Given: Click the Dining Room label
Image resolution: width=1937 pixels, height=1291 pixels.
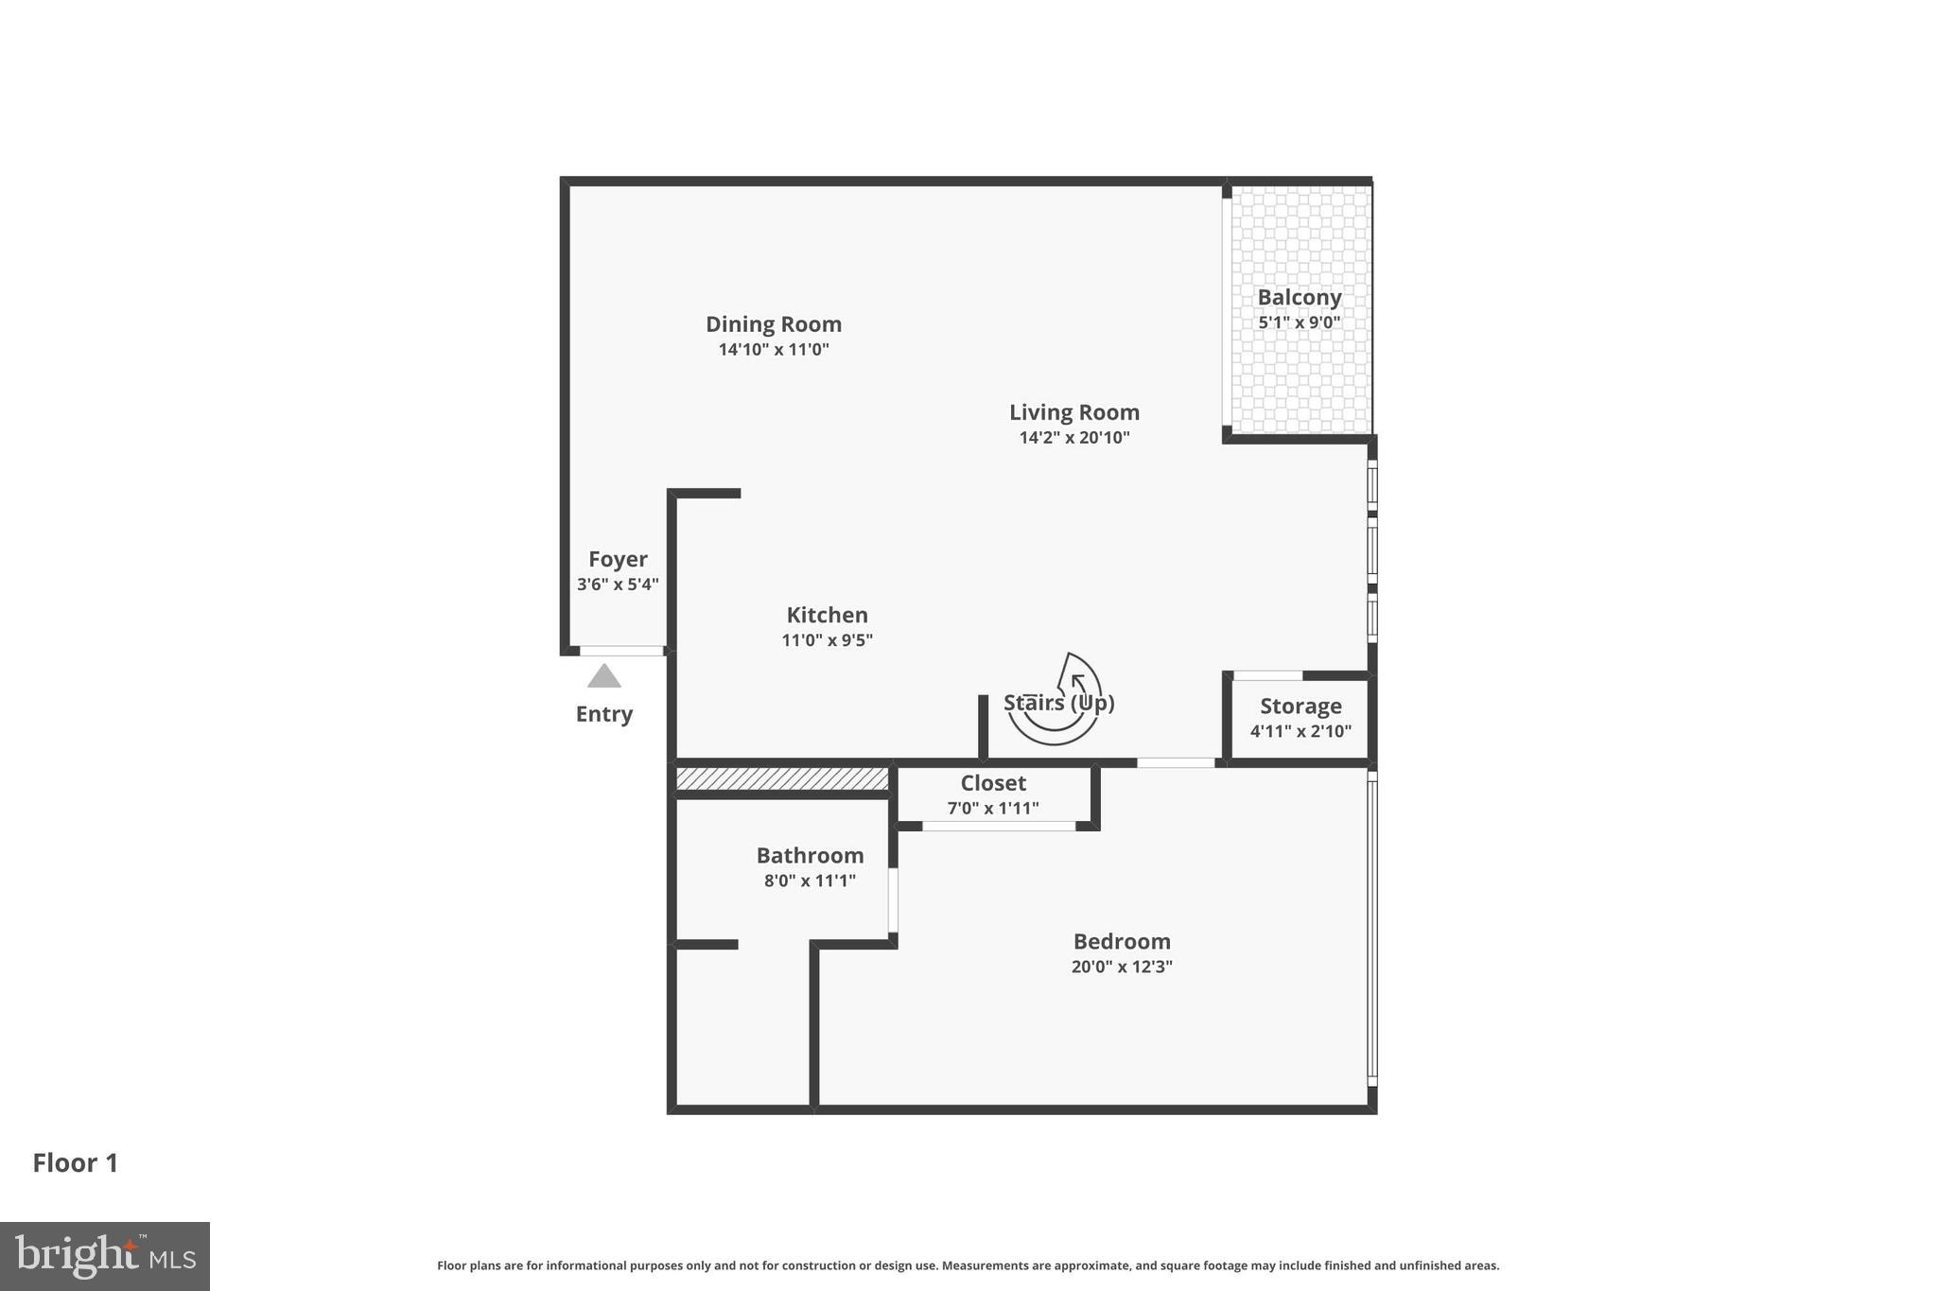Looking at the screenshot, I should click(773, 324).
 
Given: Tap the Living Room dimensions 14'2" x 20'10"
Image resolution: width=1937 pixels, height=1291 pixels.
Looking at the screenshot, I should click(1073, 437).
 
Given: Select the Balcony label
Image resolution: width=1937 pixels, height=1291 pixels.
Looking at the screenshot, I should click(1299, 297).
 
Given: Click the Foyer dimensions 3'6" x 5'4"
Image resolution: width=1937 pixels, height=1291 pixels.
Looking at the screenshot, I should click(618, 584).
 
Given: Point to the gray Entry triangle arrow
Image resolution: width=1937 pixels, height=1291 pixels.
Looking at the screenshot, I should click(603, 676).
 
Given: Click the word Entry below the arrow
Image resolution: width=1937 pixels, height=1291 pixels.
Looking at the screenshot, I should click(603, 714).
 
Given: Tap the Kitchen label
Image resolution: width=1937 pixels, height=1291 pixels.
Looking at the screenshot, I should click(827, 615).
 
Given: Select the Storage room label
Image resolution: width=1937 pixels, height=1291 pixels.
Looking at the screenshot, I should click(1300, 707).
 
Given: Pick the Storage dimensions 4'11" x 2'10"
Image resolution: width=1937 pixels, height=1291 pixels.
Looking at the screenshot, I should click(1300, 731).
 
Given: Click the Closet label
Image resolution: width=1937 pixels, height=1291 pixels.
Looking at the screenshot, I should click(992, 783).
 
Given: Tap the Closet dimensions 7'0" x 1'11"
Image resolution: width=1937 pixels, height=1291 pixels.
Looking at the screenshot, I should click(992, 809).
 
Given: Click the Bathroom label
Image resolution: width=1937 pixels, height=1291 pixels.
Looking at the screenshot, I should click(810, 856).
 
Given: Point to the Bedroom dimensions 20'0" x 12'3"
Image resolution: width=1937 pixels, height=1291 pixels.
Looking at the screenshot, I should click(1121, 967).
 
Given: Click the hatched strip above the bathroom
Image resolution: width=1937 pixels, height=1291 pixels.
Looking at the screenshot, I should click(781, 778).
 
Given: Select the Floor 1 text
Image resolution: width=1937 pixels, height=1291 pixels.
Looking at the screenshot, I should click(76, 1163).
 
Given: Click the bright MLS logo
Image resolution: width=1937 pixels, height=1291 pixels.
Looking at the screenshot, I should click(105, 1256).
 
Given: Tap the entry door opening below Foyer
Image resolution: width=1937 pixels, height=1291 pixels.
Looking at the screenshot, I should click(620, 651).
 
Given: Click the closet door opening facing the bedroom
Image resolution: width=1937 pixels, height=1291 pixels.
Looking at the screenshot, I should click(998, 827).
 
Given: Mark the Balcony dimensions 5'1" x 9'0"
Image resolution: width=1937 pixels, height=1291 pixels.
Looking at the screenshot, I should click(1299, 323).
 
